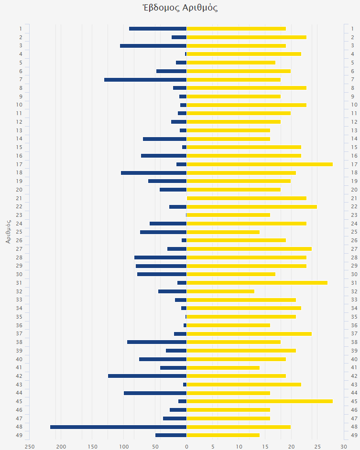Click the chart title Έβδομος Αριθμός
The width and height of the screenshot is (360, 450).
pos(180,8)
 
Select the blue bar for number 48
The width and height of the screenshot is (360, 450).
pos(118,427)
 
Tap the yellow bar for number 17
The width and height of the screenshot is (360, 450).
pos(260,164)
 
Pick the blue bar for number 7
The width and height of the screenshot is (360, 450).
pos(145,79)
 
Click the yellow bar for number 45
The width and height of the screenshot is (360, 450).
pos(260,401)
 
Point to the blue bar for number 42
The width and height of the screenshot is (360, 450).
pos(147,376)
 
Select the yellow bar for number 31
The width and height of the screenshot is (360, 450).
pos(257,283)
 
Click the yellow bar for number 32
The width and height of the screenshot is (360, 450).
pos(220,291)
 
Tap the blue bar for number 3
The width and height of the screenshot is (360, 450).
pos(153,46)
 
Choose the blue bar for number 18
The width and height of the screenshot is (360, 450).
pos(153,173)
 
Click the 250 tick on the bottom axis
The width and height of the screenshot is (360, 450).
pos(30,446)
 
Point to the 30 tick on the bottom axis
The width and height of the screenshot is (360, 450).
pos(343,446)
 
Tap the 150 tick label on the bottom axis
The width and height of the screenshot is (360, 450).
pos(92,446)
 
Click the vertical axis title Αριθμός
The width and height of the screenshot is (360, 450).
pos(9,231)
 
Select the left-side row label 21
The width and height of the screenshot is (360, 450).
pos(19,198)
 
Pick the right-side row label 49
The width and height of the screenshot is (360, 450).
pos(354,435)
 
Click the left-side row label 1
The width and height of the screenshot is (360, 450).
pos(21,29)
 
